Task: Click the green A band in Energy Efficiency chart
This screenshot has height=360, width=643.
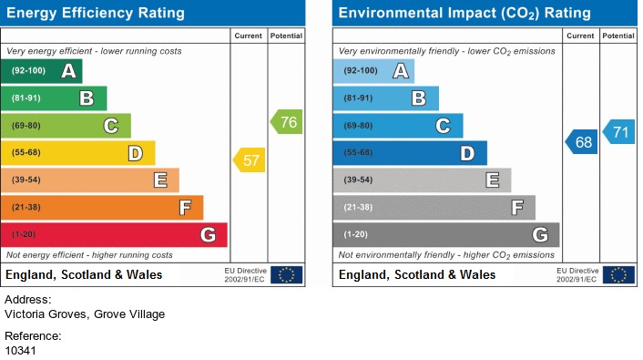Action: [42, 71]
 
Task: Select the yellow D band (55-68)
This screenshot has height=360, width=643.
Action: [78, 153]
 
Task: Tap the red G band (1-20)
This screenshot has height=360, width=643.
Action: [114, 235]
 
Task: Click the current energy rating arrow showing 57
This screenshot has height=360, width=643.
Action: [250, 161]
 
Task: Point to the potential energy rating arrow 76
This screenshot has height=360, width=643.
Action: [286, 122]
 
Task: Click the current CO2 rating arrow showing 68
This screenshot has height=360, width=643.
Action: [582, 142]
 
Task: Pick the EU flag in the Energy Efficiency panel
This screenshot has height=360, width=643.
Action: [286, 274]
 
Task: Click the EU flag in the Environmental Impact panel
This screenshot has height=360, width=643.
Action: [618, 274]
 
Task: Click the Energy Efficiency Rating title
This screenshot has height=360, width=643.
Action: [96, 13]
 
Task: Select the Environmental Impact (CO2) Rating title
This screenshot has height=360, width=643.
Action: [464, 13]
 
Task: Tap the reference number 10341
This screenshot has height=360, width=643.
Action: [21, 350]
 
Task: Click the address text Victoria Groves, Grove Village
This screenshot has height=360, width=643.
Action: [85, 314]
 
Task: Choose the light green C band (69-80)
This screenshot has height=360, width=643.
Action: [66, 126]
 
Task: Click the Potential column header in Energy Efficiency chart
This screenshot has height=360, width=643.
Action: [286, 36]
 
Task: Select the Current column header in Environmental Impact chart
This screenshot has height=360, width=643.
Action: [580, 36]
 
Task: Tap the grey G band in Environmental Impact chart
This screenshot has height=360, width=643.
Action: [446, 235]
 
